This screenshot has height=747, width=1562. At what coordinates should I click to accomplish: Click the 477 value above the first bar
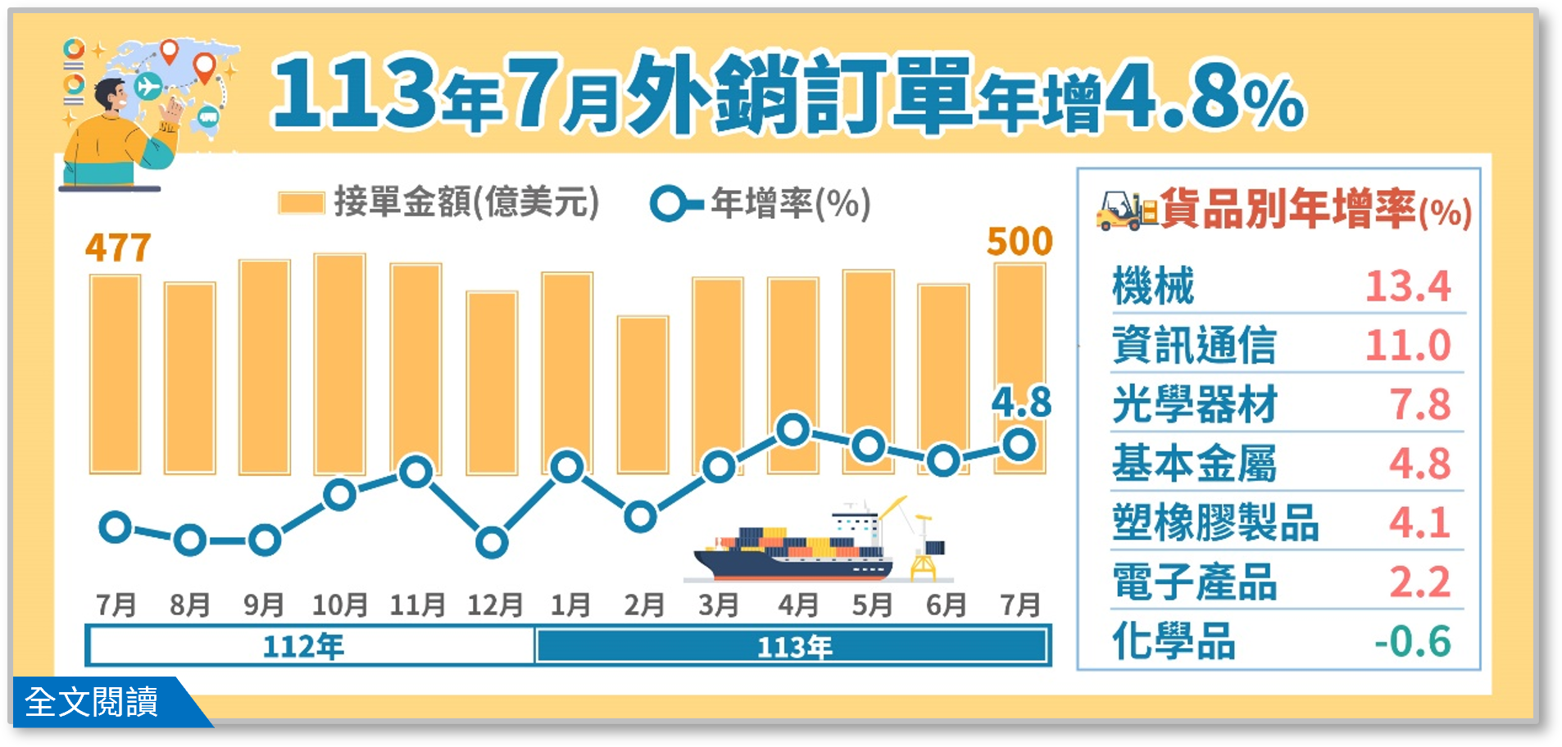coord(118,247)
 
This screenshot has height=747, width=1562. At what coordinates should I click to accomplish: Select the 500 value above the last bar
coord(1019,242)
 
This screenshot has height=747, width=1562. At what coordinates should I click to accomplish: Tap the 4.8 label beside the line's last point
coord(1021,402)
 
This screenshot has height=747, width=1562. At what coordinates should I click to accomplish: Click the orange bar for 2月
coord(643,393)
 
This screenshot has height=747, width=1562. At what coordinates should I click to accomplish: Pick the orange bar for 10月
coord(339,360)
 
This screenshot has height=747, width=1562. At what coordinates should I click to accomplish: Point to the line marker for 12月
coord(492,542)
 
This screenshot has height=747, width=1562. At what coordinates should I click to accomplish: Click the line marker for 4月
coord(793,430)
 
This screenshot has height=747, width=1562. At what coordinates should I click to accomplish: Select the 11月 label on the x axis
coord(417,605)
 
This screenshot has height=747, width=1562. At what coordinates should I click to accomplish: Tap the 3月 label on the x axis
coord(719,605)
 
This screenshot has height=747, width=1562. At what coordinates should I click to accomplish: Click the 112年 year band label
coord(303,647)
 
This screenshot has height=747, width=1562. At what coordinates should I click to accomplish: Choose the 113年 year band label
coord(794,647)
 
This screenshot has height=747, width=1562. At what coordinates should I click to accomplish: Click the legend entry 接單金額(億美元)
coord(439,202)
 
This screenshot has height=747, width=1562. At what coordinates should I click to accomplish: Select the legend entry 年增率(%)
coord(761,203)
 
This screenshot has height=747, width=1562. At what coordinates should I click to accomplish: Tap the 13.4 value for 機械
coord(1407,286)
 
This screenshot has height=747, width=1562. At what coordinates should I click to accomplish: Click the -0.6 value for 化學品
coord(1412,641)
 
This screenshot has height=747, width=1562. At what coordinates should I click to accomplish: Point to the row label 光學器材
coord(1194,405)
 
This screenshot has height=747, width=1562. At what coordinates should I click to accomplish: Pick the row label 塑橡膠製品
coord(1215,523)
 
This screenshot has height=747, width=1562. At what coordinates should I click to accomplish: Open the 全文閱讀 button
coord(92,702)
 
